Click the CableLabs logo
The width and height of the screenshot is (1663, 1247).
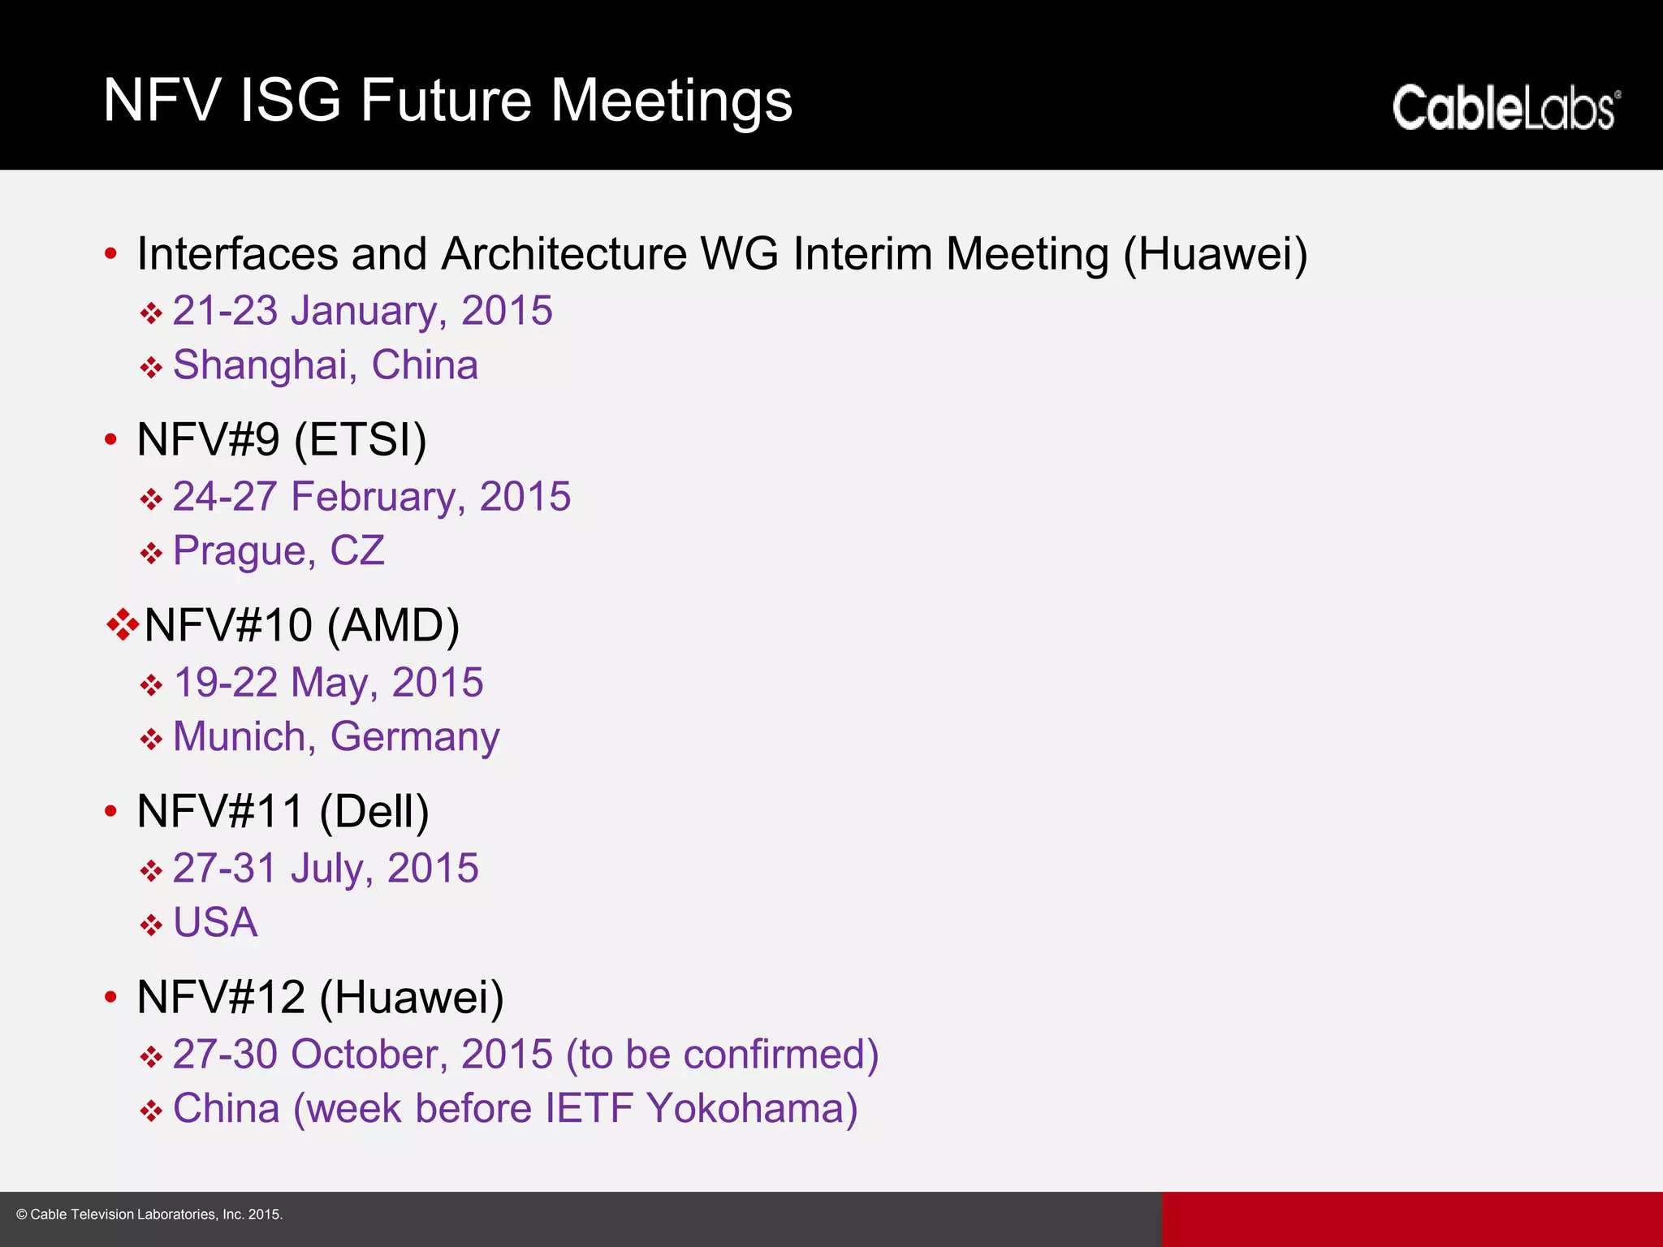(1505, 108)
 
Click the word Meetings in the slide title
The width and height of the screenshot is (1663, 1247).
(671, 101)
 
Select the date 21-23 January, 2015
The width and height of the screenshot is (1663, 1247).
(362, 311)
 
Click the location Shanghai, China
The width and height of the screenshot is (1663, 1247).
(325, 365)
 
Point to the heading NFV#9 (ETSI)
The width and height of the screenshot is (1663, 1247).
(281, 440)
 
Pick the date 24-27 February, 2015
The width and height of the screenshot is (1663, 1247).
(371, 497)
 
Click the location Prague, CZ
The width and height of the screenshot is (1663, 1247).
(279, 551)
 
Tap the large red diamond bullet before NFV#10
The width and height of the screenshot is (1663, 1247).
(122, 624)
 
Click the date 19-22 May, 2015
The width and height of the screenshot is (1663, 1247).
(328, 683)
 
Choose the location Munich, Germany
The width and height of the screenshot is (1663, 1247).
(336, 737)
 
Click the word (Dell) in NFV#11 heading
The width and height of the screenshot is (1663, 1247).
(374, 812)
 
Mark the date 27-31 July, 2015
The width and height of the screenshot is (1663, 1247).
(325, 869)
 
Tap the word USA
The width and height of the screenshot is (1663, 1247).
(215, 923)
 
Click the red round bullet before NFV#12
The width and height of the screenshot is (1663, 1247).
(111, 997)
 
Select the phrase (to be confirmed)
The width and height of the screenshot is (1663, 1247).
(722, 1055)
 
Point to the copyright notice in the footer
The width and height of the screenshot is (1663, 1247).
(149, 1215)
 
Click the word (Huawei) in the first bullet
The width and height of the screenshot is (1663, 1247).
(1215, 254)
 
